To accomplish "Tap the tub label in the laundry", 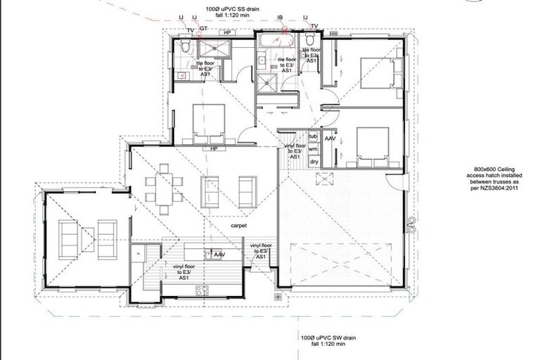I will [x=314, y=136].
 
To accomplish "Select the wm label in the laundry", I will [x=314, y=149].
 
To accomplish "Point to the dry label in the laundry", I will [x=314, y=162].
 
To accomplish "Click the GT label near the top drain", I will [x=203, y=27].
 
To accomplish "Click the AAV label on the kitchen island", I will [x=219, y=254].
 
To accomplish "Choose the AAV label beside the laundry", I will [x=330, y=140].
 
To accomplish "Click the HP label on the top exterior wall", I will [x=226, y=32].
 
